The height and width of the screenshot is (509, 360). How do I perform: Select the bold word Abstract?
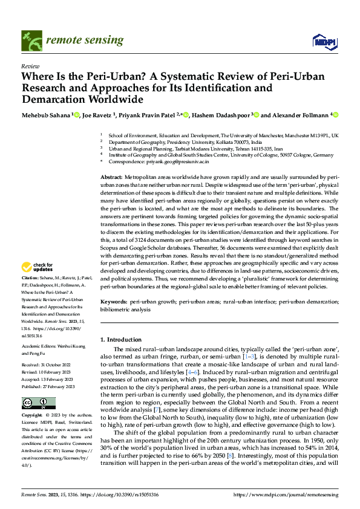111,176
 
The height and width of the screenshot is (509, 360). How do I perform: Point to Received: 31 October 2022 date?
48,365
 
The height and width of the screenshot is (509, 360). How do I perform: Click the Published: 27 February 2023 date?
50,385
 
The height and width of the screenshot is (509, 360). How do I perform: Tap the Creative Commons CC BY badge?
38,403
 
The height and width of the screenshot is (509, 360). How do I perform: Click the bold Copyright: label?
33,417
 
